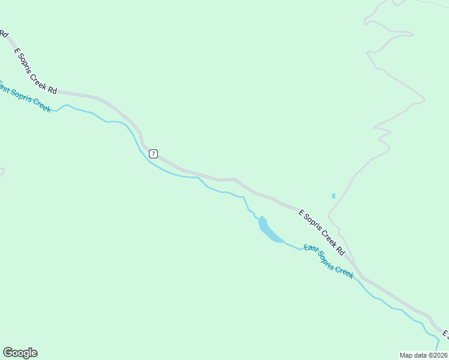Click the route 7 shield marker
(x=154, y=154)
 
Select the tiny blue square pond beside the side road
(x=334, y=196)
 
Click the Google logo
(x=20, y=353)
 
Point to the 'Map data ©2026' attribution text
(x=424, y=355)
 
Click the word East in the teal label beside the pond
(x=311, y=249)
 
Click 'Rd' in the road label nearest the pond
(x=340, y=250)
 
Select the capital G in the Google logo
(x=8, y=353)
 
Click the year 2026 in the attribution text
(x=439, y=355)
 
